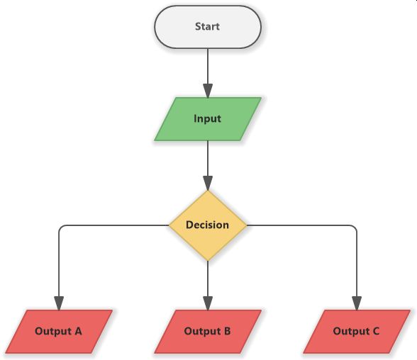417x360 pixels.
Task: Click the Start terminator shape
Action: tap(208, 27)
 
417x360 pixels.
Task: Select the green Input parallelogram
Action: tap(208, 118)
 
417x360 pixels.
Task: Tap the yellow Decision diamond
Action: tap(208, 225)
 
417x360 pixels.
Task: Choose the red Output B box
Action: tap(208, 331)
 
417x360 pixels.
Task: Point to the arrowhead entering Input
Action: tap(208, 91)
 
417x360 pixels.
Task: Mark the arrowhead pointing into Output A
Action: tap(59, 303)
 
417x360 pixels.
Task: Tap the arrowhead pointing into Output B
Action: tap(208, 303)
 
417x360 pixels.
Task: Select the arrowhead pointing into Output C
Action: tap(356, 303)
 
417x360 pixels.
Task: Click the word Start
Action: tap(208, 27)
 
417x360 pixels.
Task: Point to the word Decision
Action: tap(208, 225)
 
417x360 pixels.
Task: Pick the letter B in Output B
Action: tap(227, 331)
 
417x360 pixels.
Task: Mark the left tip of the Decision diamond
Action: tap(169, 225)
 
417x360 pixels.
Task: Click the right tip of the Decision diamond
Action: tap(246, 225)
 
